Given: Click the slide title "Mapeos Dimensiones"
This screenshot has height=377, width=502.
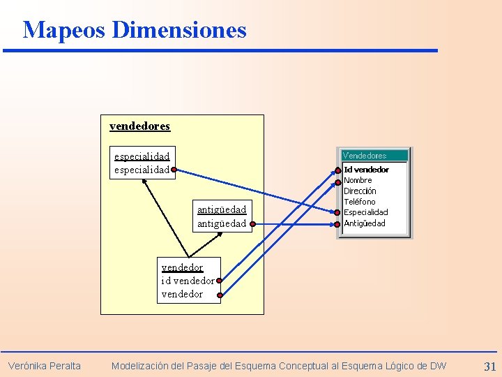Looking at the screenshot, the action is tap(135, 30).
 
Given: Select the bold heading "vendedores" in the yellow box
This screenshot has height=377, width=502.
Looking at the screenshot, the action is tap(139, 126).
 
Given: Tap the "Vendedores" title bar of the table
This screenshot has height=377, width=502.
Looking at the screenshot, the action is tap(364, 156).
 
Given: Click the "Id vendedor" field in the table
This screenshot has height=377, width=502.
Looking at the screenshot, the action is tap(366, 170).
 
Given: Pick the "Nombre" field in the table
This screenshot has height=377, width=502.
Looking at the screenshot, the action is tap(358, 180).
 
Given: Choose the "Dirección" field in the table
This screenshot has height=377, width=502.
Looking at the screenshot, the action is tap(360, 191).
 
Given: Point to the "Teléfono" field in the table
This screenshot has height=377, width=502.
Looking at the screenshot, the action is tap(359, 202).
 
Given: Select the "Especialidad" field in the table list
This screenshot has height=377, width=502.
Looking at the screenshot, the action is tap(365, 212).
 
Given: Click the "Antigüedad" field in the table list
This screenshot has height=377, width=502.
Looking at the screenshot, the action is tap(364, 223).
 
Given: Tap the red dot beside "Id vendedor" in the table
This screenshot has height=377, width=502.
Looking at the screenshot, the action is tap(338, 170).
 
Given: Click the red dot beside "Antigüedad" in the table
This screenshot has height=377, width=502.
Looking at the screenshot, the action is tap(338, 224).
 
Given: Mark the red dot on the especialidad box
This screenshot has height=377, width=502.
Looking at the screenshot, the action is tap(174, 169).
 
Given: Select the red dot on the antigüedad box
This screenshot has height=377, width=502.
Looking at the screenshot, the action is tap(252, 224).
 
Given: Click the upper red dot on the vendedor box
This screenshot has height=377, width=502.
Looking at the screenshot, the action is tap(219, 281).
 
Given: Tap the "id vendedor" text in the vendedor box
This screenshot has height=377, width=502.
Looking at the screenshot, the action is tap(188, 281).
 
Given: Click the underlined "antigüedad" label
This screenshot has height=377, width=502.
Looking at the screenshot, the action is tap(222, 209).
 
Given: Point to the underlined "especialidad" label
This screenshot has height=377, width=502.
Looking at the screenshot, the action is tap(142, 156).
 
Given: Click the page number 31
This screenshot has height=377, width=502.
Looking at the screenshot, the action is tap(489, 366).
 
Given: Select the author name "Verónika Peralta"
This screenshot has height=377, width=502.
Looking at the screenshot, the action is tap(45, 366).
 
